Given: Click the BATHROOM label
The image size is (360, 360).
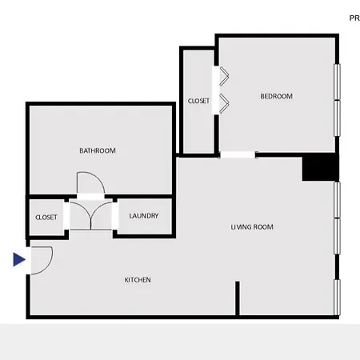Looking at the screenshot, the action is coord(98,150).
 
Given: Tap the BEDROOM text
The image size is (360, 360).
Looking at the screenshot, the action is coord(277,96).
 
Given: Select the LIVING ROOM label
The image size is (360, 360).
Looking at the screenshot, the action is coord(252,227).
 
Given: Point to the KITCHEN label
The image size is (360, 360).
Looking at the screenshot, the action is coord(138,280).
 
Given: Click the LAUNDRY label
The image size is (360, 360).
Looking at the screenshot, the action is coord(144,216).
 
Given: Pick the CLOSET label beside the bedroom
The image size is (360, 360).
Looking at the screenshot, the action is coord(198,101).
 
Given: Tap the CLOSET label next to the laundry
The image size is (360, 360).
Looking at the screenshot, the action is coord(46,218).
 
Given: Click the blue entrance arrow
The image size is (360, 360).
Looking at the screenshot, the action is coord(19,259).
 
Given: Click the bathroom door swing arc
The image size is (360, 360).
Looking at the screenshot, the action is coord(99,178).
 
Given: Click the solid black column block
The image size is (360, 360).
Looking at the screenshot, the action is coord(321,167).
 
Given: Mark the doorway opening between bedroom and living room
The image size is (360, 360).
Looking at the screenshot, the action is coord(238,154).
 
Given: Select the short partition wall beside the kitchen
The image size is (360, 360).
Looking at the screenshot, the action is coord(238,298).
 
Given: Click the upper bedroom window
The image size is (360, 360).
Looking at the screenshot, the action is coord(338,82).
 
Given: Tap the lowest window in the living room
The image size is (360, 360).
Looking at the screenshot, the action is coord(338,297).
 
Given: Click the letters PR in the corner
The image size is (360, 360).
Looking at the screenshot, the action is coord(354,18).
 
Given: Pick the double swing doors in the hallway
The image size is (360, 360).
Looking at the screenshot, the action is coord(91,216).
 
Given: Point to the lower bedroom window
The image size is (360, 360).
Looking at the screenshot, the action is coord(338,118).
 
